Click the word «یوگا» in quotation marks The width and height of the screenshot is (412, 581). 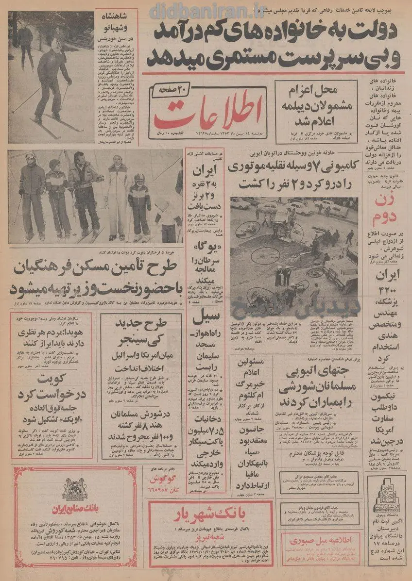tap(206, 253)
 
